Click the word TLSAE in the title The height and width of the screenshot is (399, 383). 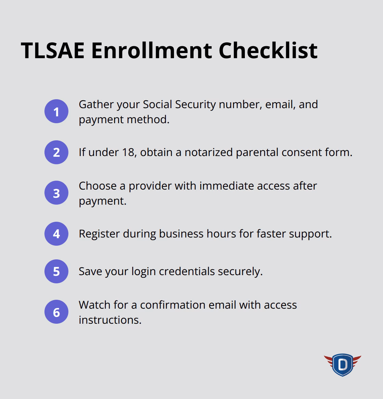click(52, 50)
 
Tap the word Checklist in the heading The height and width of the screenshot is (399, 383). click(268, 50)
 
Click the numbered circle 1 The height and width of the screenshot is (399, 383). click(56, 112)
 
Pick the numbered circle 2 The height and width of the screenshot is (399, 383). click(56, 152)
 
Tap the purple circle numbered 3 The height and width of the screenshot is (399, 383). click(56, 193)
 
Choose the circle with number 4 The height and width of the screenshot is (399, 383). click(56, 234)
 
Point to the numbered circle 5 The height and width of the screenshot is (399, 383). click(56, 271)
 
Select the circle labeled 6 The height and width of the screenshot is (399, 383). click(56, 312)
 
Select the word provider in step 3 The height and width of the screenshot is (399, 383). click(150, 186)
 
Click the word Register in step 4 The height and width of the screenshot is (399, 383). click(99, 234)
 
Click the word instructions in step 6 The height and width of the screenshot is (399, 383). click(109, 320)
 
